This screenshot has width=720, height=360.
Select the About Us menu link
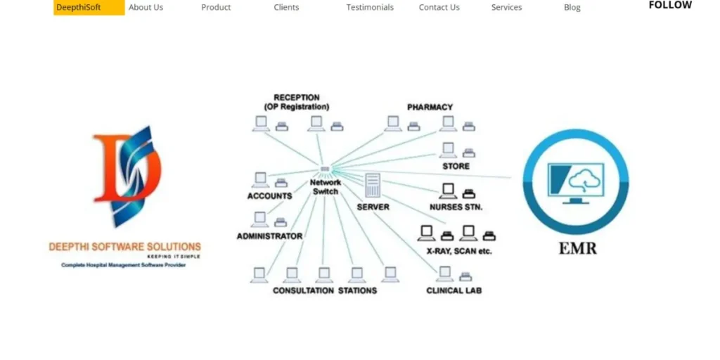(146, 8)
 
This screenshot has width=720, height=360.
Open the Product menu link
(216, 8)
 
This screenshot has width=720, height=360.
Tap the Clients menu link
(286, 8)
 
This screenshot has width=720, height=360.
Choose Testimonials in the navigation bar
(370, 8)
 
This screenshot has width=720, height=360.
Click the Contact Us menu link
(439, 8)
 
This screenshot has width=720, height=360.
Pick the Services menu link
(506, 8)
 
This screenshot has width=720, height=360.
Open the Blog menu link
(572, 8)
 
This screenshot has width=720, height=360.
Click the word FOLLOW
(669, 5)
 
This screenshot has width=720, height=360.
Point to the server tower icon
(372, 186)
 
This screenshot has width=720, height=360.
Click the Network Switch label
(326, 187)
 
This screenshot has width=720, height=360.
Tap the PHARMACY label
(430, 108)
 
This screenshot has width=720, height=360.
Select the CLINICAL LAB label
(454, 290)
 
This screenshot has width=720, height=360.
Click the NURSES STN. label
(456, 207)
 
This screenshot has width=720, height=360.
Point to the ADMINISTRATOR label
(269, 236)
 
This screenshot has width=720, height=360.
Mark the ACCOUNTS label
(269, 196)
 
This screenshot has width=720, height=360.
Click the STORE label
(456, 167)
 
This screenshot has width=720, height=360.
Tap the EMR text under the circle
(577, 248)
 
